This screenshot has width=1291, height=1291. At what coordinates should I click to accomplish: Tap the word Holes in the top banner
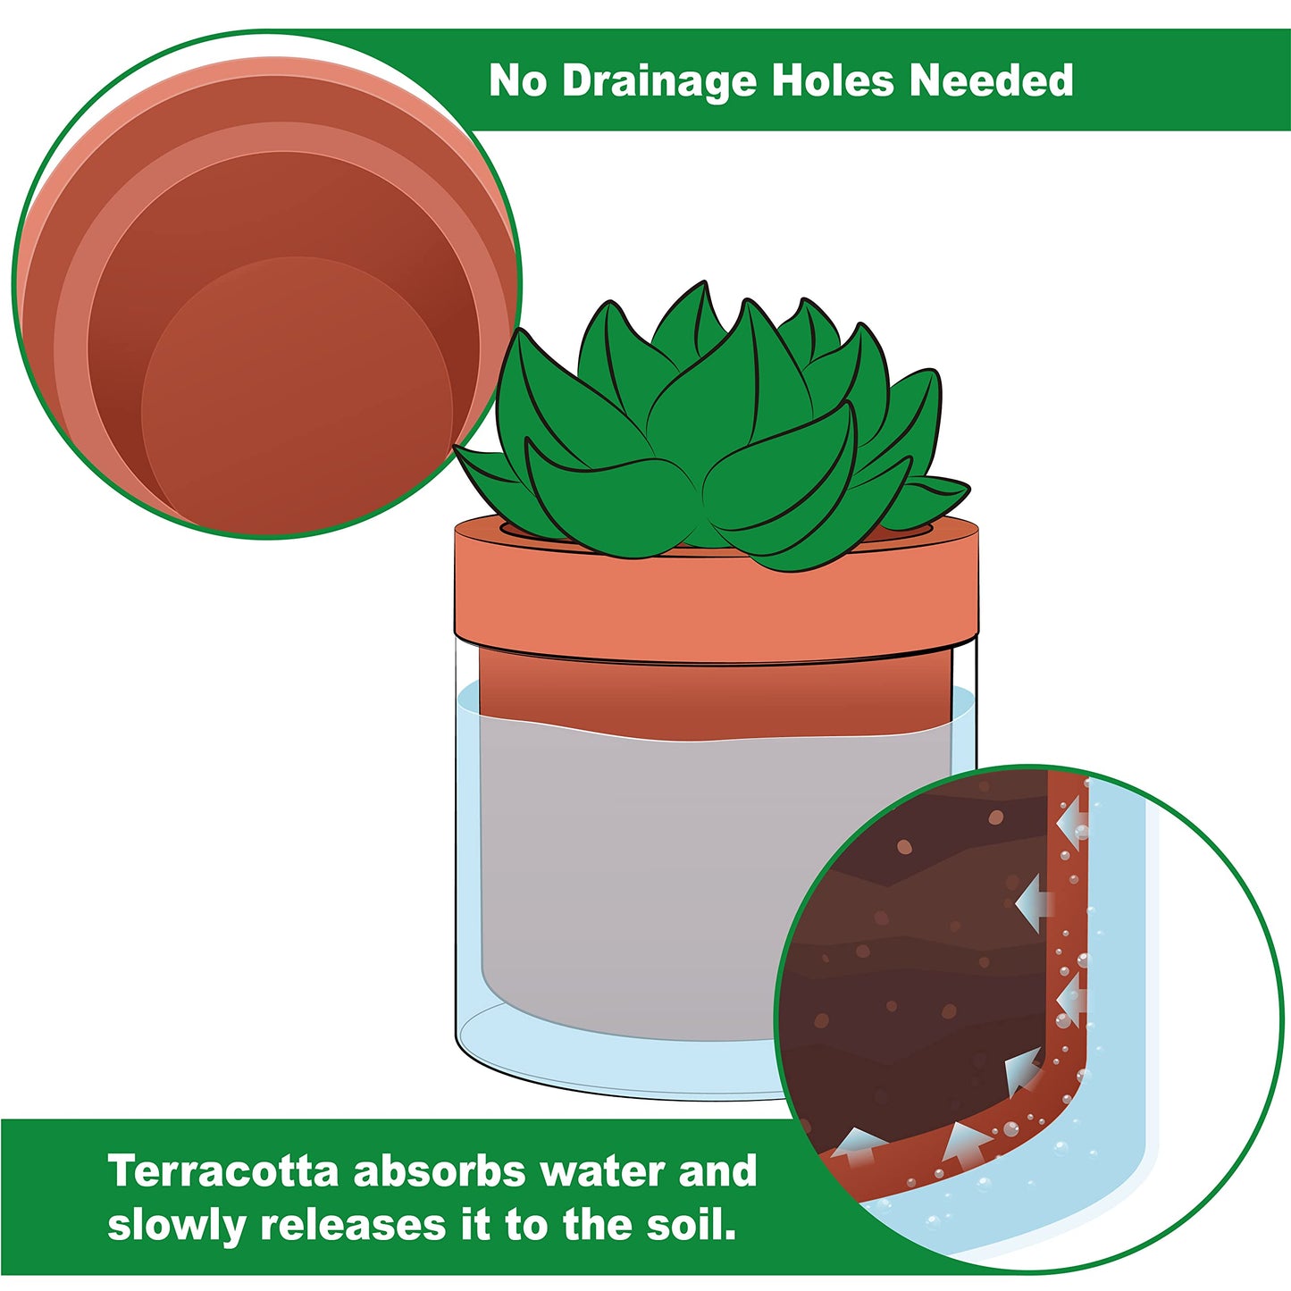point(832,80)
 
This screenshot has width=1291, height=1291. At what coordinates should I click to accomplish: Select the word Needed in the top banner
point(991,80)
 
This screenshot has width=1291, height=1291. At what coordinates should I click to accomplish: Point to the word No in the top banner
point(517,80)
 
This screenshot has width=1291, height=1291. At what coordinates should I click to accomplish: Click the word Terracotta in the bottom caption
point(222,1171)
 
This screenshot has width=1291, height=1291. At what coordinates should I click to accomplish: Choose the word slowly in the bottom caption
point(176,1226)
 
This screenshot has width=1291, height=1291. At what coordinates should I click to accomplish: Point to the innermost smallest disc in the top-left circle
point(295,393)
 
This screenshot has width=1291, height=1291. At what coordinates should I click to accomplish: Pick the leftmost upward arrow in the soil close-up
point(856,1144)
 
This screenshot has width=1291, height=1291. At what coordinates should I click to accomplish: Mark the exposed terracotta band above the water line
point(715,692)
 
